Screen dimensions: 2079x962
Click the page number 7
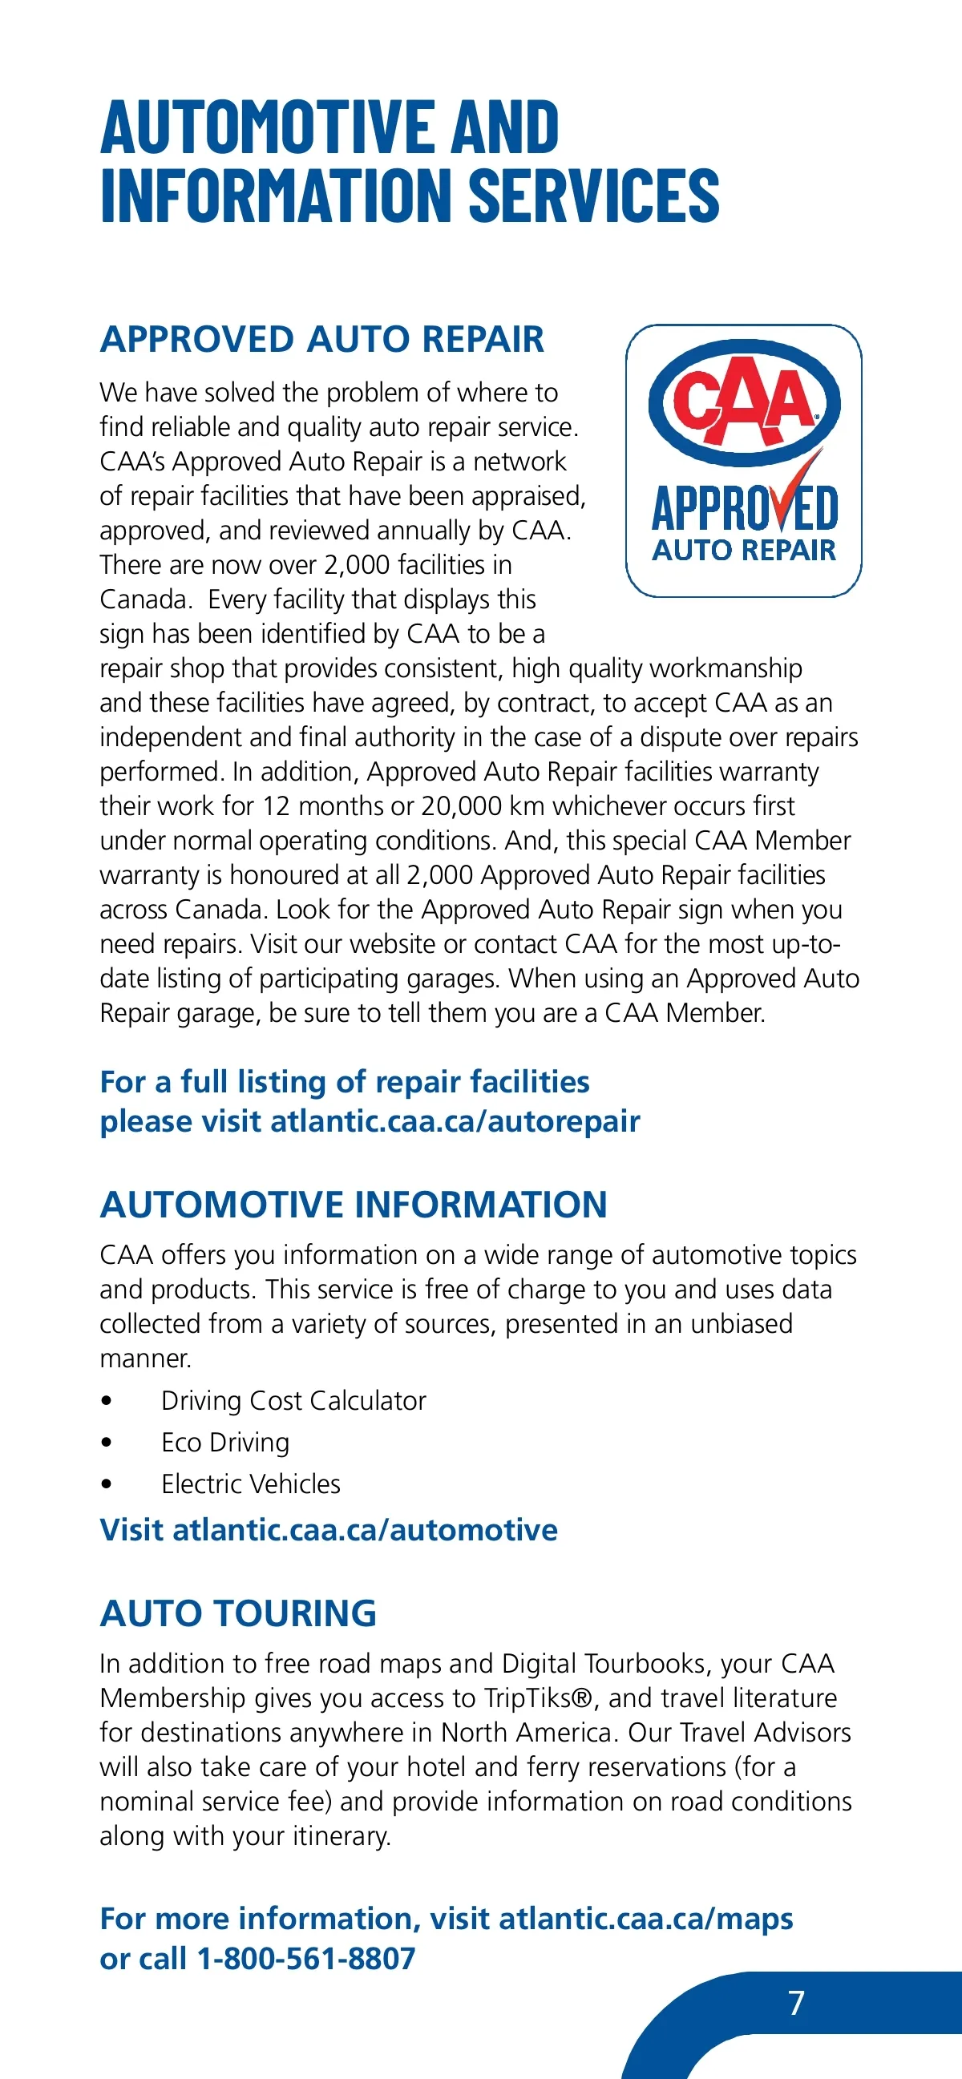(796, 2002)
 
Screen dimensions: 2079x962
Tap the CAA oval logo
(744, 402)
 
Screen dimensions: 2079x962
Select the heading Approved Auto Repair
(322, 339)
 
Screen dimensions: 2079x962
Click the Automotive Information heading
(354, 1205)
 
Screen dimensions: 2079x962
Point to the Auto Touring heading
(238, 1613)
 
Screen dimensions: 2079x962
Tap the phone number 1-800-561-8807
(306, 1958)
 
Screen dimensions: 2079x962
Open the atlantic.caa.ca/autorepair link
(455, 1121)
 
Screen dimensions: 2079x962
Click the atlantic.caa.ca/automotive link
(365, 1530)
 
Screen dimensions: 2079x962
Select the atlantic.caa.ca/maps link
(645, 1919)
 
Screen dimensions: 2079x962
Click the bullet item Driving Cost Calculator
(293, 1400)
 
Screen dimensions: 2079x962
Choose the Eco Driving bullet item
(225, 1442)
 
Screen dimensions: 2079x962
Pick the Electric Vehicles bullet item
(250, 1484)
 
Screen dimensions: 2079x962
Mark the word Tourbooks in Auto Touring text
(645, 1663)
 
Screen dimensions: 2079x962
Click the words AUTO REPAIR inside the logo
(743, 551)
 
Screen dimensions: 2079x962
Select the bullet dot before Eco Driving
(107, 1442)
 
